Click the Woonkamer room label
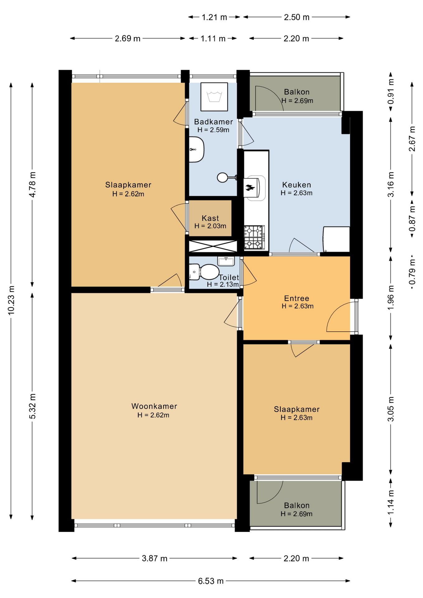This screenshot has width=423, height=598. [154, 406]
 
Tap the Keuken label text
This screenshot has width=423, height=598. [297, 185]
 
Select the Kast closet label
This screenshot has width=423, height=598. [210, 218]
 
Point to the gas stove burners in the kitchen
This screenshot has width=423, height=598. [254, 237]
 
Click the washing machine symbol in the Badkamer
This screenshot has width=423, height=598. [214, 97]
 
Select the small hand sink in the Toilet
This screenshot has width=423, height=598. [226, 261]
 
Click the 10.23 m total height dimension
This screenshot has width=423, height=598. [11, 301]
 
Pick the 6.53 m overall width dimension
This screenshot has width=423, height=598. [211, 581]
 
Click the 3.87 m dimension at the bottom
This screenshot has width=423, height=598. [154, 558]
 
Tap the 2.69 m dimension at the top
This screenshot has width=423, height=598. [127, 38]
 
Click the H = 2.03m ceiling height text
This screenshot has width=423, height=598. [210, 226]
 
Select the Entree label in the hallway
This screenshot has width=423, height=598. [297, 298]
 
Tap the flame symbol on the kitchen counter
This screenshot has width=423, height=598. [250, 187]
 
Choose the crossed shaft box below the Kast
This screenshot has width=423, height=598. [213, 246]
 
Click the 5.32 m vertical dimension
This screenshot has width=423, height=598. [32, 406]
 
